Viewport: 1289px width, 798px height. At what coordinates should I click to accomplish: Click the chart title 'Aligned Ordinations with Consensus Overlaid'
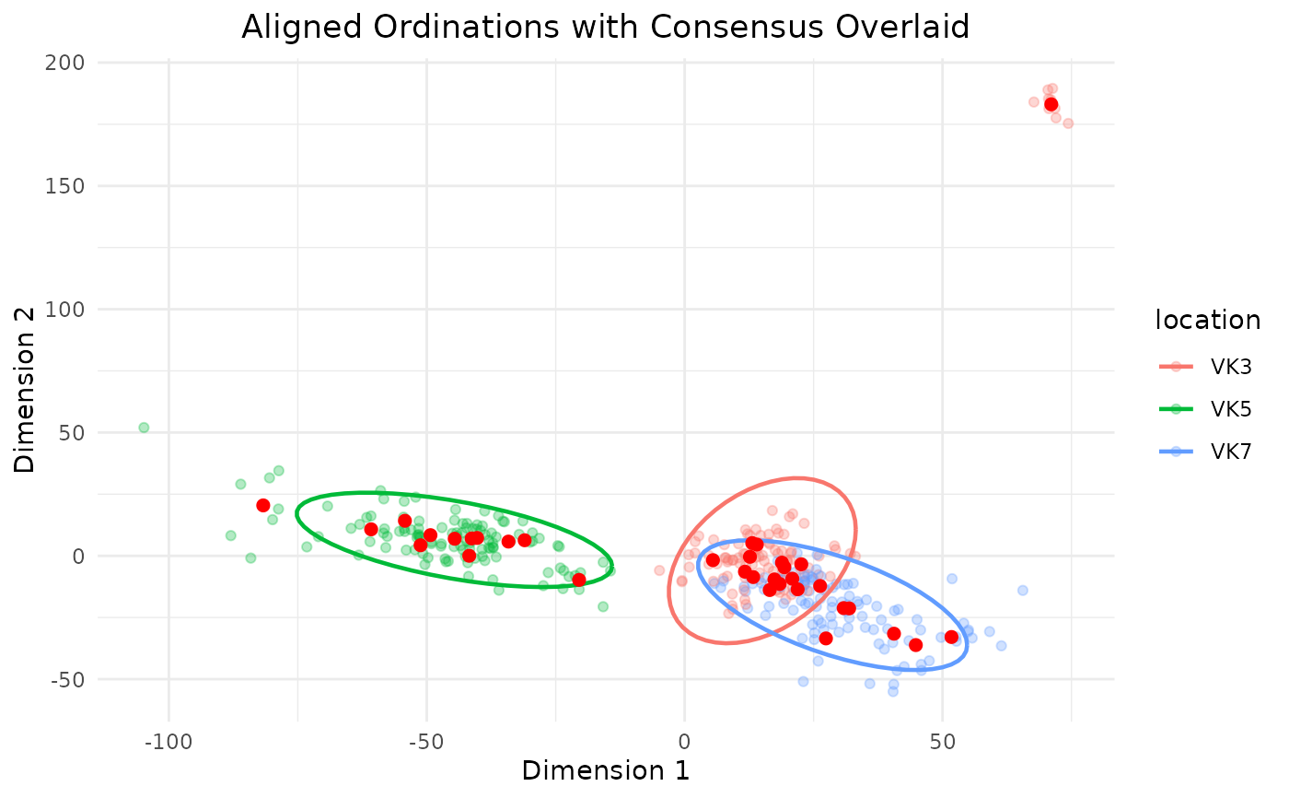point(606,27)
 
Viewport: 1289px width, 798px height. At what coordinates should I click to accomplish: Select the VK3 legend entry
point(1205,367)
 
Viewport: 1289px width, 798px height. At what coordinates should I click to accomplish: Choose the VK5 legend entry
point(1205,409)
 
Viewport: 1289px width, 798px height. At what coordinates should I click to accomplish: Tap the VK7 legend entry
point(1205,452)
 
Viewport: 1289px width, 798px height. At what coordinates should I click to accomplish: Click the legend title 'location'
point(1208,320)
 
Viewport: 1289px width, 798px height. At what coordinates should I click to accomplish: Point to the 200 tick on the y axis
point(64,62)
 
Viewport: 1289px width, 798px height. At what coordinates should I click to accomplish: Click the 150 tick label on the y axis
point(64,186)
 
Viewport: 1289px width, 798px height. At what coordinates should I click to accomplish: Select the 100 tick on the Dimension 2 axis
point(64,310)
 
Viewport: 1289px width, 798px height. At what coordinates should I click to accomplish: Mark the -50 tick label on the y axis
point(67,680)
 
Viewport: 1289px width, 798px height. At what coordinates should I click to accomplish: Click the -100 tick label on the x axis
point(168,742)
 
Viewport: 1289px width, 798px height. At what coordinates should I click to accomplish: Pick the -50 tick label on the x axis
point(426,742)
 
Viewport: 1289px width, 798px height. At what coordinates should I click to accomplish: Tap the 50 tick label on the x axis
point(942,742)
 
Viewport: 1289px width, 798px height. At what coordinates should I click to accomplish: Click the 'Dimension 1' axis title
point(606,771)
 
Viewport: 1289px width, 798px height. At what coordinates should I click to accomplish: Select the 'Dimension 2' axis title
point(24,391)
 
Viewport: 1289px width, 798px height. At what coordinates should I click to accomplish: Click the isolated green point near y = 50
point(144,428)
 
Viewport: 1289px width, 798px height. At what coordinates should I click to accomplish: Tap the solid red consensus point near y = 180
point(1051,105)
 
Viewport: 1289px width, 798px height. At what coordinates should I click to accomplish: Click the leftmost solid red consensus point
point(263,506)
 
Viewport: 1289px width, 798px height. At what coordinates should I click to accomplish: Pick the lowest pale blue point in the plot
point(893,691)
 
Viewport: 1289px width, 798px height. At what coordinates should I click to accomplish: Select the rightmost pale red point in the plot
point(1068,123)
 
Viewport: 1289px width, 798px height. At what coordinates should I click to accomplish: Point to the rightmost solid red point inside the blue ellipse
point(952,638)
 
